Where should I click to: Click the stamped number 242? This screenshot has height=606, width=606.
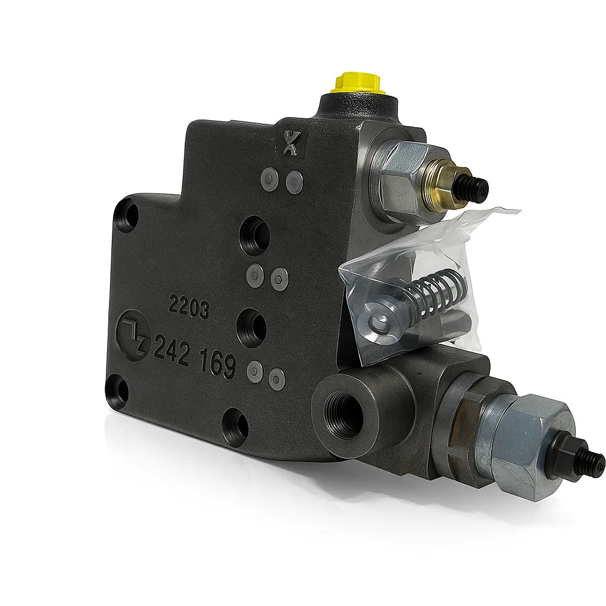(171, 349)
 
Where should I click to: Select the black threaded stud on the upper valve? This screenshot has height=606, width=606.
(478, 188)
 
